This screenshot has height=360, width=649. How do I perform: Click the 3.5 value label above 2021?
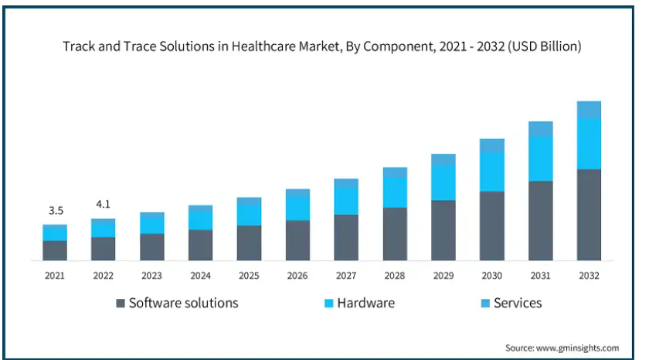(x=55, y=211)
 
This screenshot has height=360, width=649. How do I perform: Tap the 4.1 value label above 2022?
(x=103, y=205)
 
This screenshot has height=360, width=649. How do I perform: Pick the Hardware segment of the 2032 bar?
(x=589, y=144)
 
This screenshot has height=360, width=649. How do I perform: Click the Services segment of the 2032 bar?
(x=589, y=110)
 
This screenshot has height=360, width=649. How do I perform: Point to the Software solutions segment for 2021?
(x=55, y=250)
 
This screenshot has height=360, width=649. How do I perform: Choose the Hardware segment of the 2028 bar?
(x=395, y=192)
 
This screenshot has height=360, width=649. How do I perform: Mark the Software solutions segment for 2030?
(x=492, y=226)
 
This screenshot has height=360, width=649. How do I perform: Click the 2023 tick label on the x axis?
(x=151, y=275)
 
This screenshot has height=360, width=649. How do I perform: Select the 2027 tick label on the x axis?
(x=346, y=275)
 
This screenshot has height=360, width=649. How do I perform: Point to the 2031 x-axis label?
(x=540, y=275)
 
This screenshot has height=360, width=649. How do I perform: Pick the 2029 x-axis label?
(x=443, y=275)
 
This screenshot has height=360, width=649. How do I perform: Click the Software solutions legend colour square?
(x=121, y=304)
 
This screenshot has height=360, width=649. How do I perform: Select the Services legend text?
(x=518, y=303)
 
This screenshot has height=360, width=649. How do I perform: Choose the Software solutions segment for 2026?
(x=297, y=240)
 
